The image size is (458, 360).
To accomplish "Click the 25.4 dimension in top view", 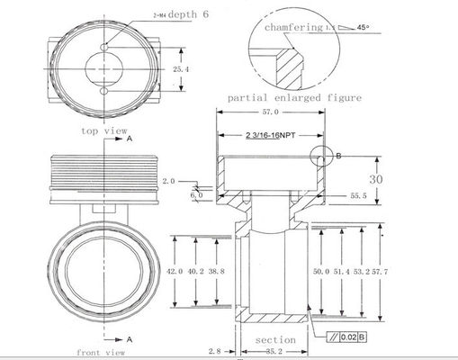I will click(181, 68).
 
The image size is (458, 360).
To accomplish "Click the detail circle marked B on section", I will click(321, 156).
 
